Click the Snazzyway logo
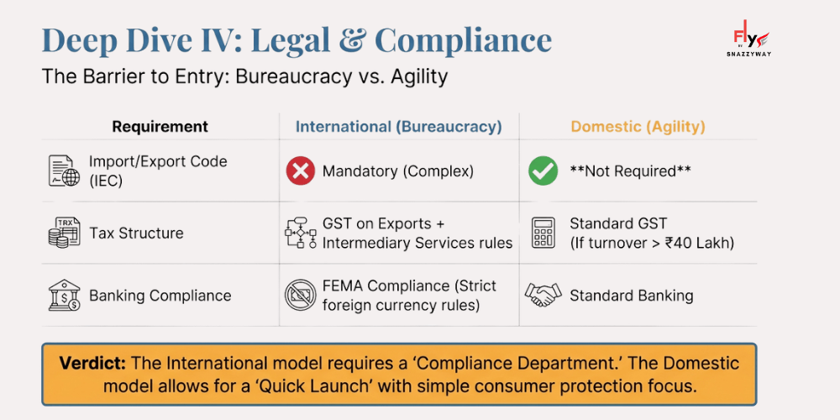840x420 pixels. [x=750, y=42]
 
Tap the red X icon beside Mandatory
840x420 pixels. [x=300, y=171]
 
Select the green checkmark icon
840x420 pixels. [x=543, y=171]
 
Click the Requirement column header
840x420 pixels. [x=160, y=127]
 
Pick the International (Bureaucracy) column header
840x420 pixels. [x=398, y=127]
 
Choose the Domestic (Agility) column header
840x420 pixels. [x=638, y=127]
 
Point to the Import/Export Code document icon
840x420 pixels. [x=64, y=171]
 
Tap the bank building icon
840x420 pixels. [x=64, y=296]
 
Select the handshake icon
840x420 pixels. [x=543, y=295]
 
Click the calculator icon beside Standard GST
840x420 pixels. [x=543, y=233]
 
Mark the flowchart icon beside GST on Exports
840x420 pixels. [x=300, y=234]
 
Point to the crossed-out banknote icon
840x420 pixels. [x=300, y=295]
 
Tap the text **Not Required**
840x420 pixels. [x=630, y=171]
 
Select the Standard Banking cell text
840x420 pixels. [x=631, y=296]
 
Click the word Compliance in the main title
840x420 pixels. [x=463, y=40]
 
